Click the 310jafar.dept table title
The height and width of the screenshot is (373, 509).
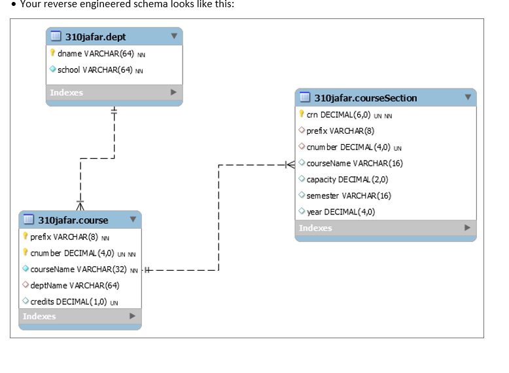(96, 37)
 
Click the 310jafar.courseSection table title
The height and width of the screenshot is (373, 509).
(365, 98)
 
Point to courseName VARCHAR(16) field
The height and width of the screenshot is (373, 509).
(355, 163)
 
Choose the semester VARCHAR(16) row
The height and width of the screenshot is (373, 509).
(349, 195)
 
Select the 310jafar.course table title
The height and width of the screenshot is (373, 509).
(73, 220)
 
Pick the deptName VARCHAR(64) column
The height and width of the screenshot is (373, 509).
(75, 285)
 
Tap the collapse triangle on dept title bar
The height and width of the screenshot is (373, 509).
(173, 37)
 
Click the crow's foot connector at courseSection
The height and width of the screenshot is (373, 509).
(290, 163)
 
